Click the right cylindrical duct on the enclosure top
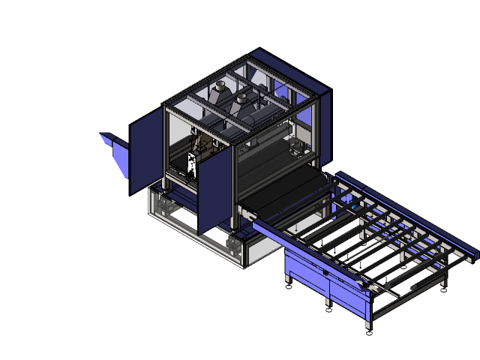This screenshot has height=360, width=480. point(242,100)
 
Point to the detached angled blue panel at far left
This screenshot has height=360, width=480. point(115,153)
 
